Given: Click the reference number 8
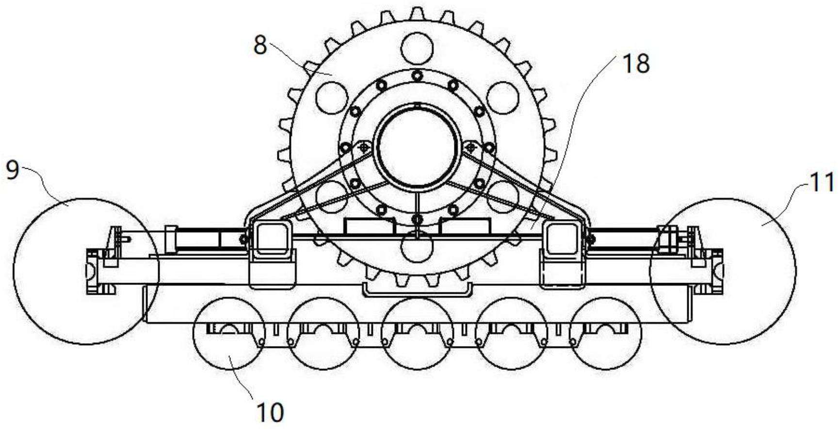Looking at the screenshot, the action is coord(260,46).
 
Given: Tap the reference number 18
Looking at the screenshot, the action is coord(635,64).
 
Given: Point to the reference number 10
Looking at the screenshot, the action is coord(270,413).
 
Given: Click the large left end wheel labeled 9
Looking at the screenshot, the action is coord(86,271).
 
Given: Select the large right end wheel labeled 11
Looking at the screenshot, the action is coord(723,271).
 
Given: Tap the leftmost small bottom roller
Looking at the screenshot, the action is coord(229,334).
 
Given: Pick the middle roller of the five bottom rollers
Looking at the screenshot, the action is coord(418,334).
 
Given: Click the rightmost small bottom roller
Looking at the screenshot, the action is coord(606,334).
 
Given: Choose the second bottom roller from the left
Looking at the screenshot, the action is coord(323,334).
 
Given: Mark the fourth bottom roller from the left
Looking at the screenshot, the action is coord(512,334).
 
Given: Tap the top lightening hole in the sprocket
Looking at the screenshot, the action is coord(418,48).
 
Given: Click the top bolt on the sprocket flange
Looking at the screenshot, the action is coord(417,76).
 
